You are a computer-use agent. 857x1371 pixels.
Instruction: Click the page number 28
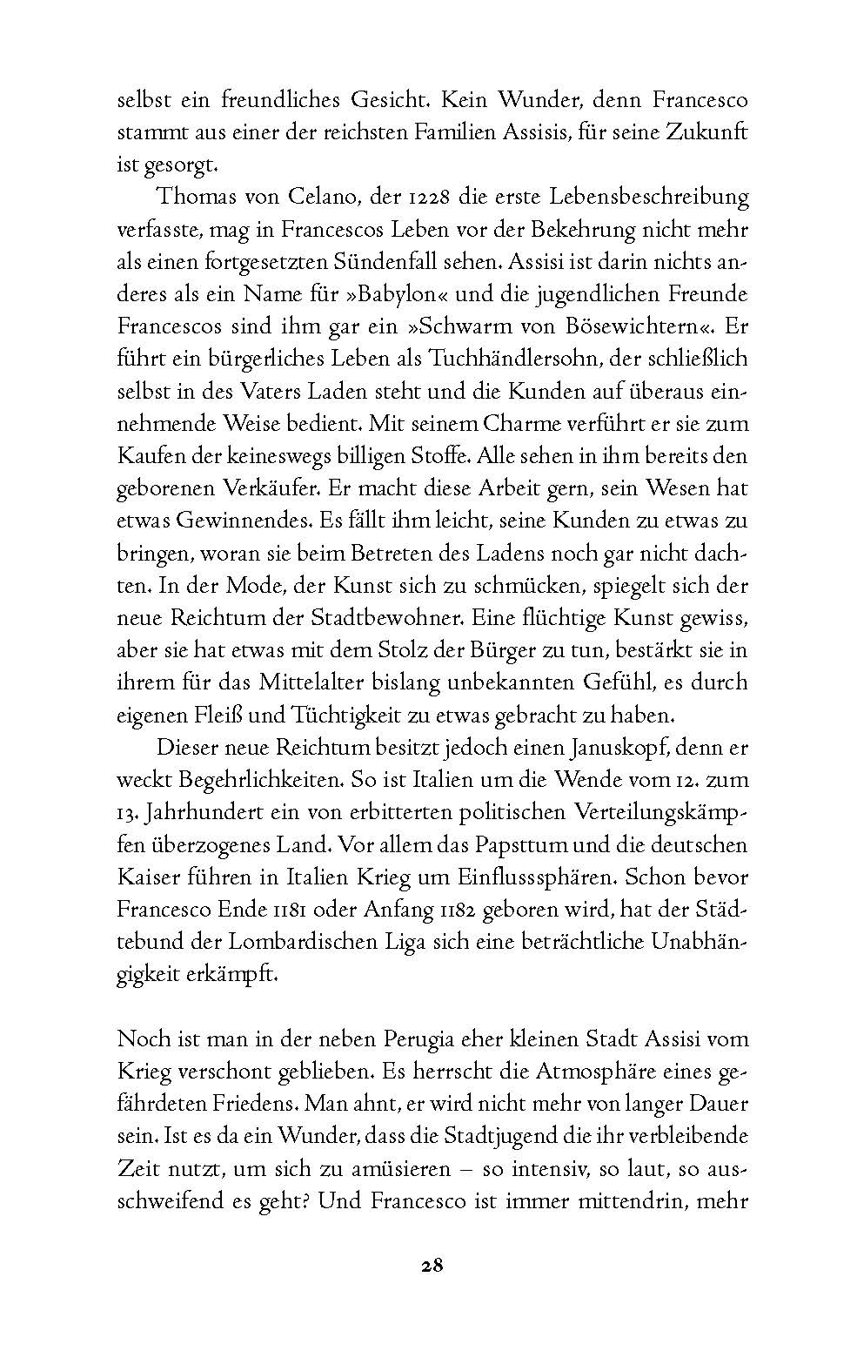point(428,1266)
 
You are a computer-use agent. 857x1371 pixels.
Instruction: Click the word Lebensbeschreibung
point(638,197)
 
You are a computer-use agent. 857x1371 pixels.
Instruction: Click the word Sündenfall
point(367,261)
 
